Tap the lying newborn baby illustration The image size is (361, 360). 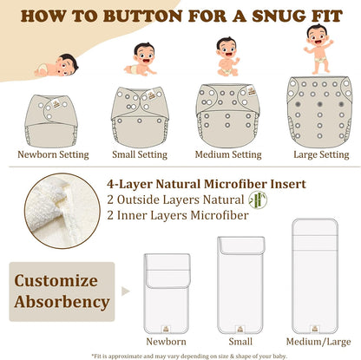[56, 66]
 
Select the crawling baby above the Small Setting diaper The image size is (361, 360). [141, 59]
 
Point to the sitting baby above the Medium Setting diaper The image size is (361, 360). [227, 56]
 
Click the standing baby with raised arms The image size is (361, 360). [318, 49]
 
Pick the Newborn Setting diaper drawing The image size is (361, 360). [51, 121]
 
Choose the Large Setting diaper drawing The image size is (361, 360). [319, 112]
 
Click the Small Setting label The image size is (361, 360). [140, 154]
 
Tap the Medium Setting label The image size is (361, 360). [228, 154]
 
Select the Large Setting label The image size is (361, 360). [321, 154]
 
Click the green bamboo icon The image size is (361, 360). [258, 200]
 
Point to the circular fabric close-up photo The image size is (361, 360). [62, 211]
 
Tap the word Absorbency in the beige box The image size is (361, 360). [62, 302]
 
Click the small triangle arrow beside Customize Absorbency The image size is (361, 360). [125, 291]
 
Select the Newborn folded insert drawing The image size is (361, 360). [167, 293]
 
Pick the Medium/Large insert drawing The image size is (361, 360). [315, 277]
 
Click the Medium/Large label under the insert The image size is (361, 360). [318, 342]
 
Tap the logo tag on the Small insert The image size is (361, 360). [240, 329]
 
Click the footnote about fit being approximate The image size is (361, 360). [189, 356]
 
